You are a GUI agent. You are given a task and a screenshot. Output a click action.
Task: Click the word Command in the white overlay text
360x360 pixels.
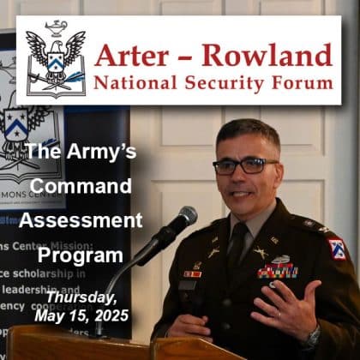77,186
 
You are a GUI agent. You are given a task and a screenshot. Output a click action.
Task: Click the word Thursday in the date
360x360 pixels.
81,297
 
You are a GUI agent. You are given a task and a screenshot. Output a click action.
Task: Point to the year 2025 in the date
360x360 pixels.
110,315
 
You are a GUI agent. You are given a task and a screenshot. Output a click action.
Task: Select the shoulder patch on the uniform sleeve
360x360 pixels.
338,249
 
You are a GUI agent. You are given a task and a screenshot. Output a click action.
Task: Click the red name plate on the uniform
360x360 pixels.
194,274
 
